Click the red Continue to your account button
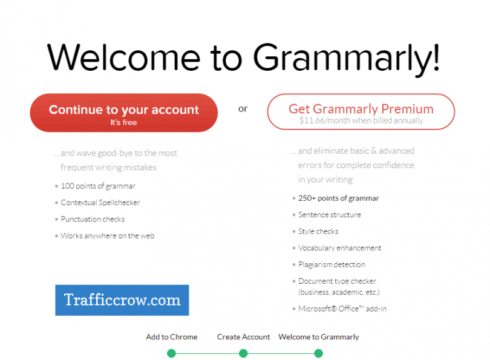point(123,113)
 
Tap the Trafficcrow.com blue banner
point(122,300)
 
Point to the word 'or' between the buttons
point(243,109)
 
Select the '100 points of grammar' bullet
point(98,186)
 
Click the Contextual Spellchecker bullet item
point(100,203)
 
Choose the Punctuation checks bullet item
point(93,219)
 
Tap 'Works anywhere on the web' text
point(107,235)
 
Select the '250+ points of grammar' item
point(338,198)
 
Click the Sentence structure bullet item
point(329,215)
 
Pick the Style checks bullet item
point(318,231)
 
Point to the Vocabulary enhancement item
point(339,248)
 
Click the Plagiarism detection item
point(332,264)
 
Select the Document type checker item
point(337,281)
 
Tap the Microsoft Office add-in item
point(342,309)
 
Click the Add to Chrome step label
point(172,337)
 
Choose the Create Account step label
point(243,337)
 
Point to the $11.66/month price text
point(361,120)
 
